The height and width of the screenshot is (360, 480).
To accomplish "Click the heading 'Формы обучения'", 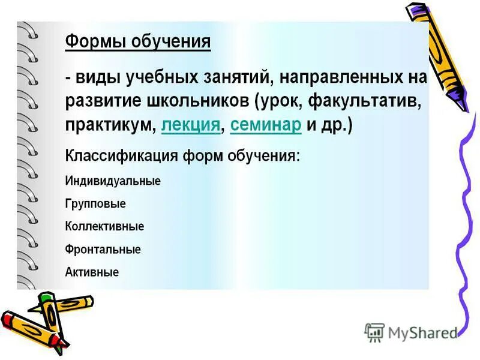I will click(137, 42).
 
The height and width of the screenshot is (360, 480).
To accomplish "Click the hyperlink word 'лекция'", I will click(190, 126).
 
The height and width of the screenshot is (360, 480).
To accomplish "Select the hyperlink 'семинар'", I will click(265, 126).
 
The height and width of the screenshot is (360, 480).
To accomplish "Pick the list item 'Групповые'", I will click(95, 204).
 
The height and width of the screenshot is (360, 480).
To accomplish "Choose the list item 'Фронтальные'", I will click(102, 250).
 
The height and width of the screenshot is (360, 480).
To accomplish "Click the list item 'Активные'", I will click(91, 272).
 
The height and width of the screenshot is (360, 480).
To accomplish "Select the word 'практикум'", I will click(110, 126).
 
